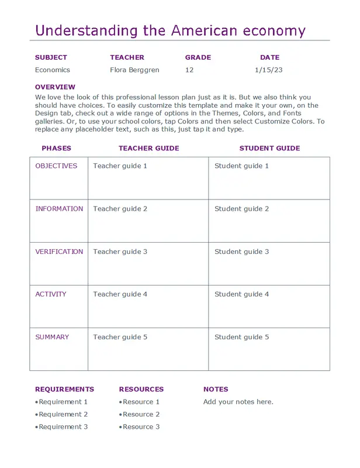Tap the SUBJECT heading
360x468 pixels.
click(51, 57)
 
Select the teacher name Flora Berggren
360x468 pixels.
click(134, 70)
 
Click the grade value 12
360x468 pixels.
click(189, 70)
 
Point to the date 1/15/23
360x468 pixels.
click(269, 70)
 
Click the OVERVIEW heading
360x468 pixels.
click(55, 87)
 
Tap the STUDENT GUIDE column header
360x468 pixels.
click(269, 149)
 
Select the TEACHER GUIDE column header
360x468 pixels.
click(148, 149)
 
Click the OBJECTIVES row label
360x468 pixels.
click(56, 166)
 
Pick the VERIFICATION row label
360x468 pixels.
click(59, 252)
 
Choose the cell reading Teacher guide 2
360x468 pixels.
click(120, 209)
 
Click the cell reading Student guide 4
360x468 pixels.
click(241, 294)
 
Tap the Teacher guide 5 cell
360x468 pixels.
click(120, 337)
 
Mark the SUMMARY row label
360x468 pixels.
click(52, 337)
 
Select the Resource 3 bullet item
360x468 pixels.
click(141, 427)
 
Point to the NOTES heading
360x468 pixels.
click(216, 389)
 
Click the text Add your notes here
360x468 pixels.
click(238, 402)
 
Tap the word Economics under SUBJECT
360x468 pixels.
click(52, 70)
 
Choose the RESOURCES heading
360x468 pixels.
click(141, 389)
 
